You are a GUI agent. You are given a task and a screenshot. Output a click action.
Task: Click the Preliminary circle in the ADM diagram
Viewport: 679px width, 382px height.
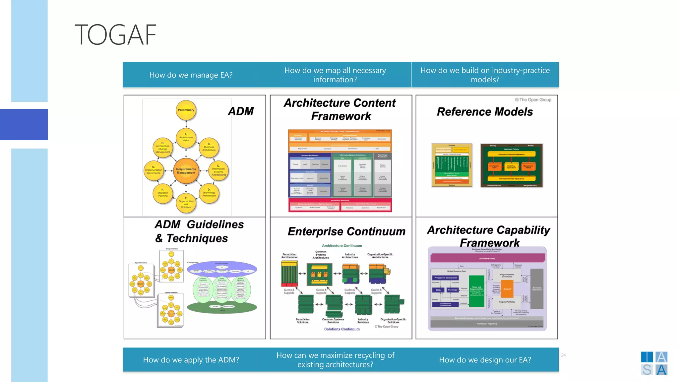click(x=186, y=110)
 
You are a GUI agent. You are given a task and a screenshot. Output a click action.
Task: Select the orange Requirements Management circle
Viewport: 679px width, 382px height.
click(x=186, y=171)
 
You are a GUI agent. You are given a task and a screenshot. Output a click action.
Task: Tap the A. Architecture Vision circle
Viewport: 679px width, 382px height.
click(x=186, y=138)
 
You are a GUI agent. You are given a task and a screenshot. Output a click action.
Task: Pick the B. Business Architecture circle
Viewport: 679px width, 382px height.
click(x=209, y=148)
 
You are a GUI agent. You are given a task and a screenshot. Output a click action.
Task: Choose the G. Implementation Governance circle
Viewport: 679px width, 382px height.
click(x=154, y=171)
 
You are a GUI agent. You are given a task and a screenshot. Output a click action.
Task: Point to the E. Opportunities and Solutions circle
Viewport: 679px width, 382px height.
click(x=186, y=203)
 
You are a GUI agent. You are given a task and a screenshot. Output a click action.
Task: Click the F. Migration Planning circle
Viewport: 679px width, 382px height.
click(x=163, y=193)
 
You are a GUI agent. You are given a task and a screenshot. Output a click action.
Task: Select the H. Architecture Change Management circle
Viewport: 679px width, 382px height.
click(x=163, y=148)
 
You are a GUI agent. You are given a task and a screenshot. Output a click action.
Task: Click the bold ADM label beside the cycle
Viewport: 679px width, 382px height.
click(x=241, y=111)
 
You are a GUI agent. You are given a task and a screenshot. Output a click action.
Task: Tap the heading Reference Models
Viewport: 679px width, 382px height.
click(x=485, y=112)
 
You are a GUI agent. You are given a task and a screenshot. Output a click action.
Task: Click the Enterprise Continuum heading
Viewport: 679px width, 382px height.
click(x=346, y=231)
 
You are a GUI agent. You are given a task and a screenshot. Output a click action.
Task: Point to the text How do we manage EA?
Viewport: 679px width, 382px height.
click(x=191, y=75)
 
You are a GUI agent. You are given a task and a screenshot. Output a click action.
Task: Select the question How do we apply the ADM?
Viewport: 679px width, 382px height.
click(x=191, y=360)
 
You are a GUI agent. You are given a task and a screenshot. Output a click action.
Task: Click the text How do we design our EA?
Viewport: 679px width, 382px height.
click(x=485, y=360)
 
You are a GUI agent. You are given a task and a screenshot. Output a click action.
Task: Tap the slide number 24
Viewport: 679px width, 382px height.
click(x=563, y=355)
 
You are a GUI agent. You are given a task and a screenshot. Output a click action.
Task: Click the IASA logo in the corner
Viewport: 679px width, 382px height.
click(x=654, y=363)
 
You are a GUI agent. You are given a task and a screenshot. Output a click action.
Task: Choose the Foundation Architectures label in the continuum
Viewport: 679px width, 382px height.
click(x=289, y=256)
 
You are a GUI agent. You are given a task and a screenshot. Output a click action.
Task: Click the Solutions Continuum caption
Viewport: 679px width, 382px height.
click(x=342, y=329)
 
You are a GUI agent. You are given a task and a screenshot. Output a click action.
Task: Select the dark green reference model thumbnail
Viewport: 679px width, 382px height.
click(x=512, y=165)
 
